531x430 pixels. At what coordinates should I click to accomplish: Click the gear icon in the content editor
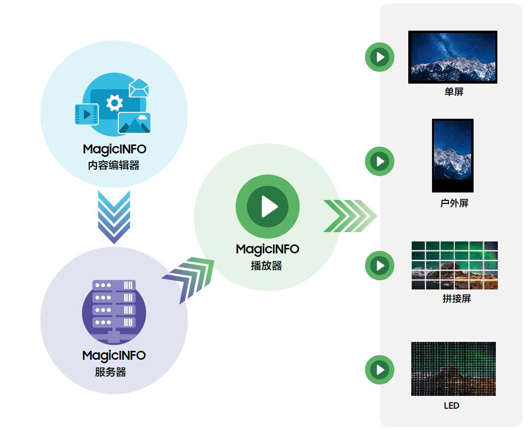[114, 103]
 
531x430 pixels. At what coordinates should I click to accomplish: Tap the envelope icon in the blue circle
[139, 88]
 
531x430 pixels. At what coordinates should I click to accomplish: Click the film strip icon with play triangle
[87, 114]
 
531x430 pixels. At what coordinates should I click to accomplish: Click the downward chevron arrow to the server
[114, 216]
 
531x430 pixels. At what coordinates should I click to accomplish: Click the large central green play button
[268, 206]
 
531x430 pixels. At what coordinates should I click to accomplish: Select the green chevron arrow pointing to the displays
[349, 216]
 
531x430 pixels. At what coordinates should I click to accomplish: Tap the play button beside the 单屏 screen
[380, 57]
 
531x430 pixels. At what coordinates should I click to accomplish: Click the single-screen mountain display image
[452, 57]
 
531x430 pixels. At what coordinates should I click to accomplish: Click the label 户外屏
[454, 203]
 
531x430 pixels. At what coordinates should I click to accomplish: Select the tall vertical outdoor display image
[452, 155]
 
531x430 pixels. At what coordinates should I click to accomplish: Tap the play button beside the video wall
[380, 265]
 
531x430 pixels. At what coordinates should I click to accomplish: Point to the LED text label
[451, 406]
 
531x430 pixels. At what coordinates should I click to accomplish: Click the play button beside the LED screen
[380, 370]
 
